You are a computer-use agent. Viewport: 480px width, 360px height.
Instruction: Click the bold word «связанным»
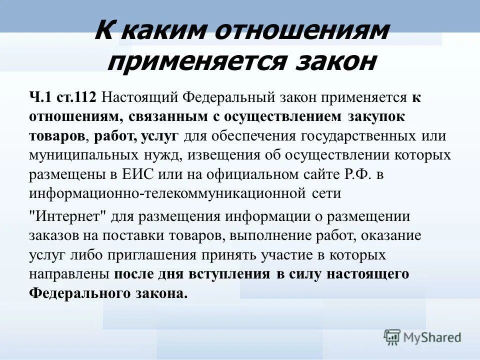167,116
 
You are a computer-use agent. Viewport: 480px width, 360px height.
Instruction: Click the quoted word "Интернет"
66,216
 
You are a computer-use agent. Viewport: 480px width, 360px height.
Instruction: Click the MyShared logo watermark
423,337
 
